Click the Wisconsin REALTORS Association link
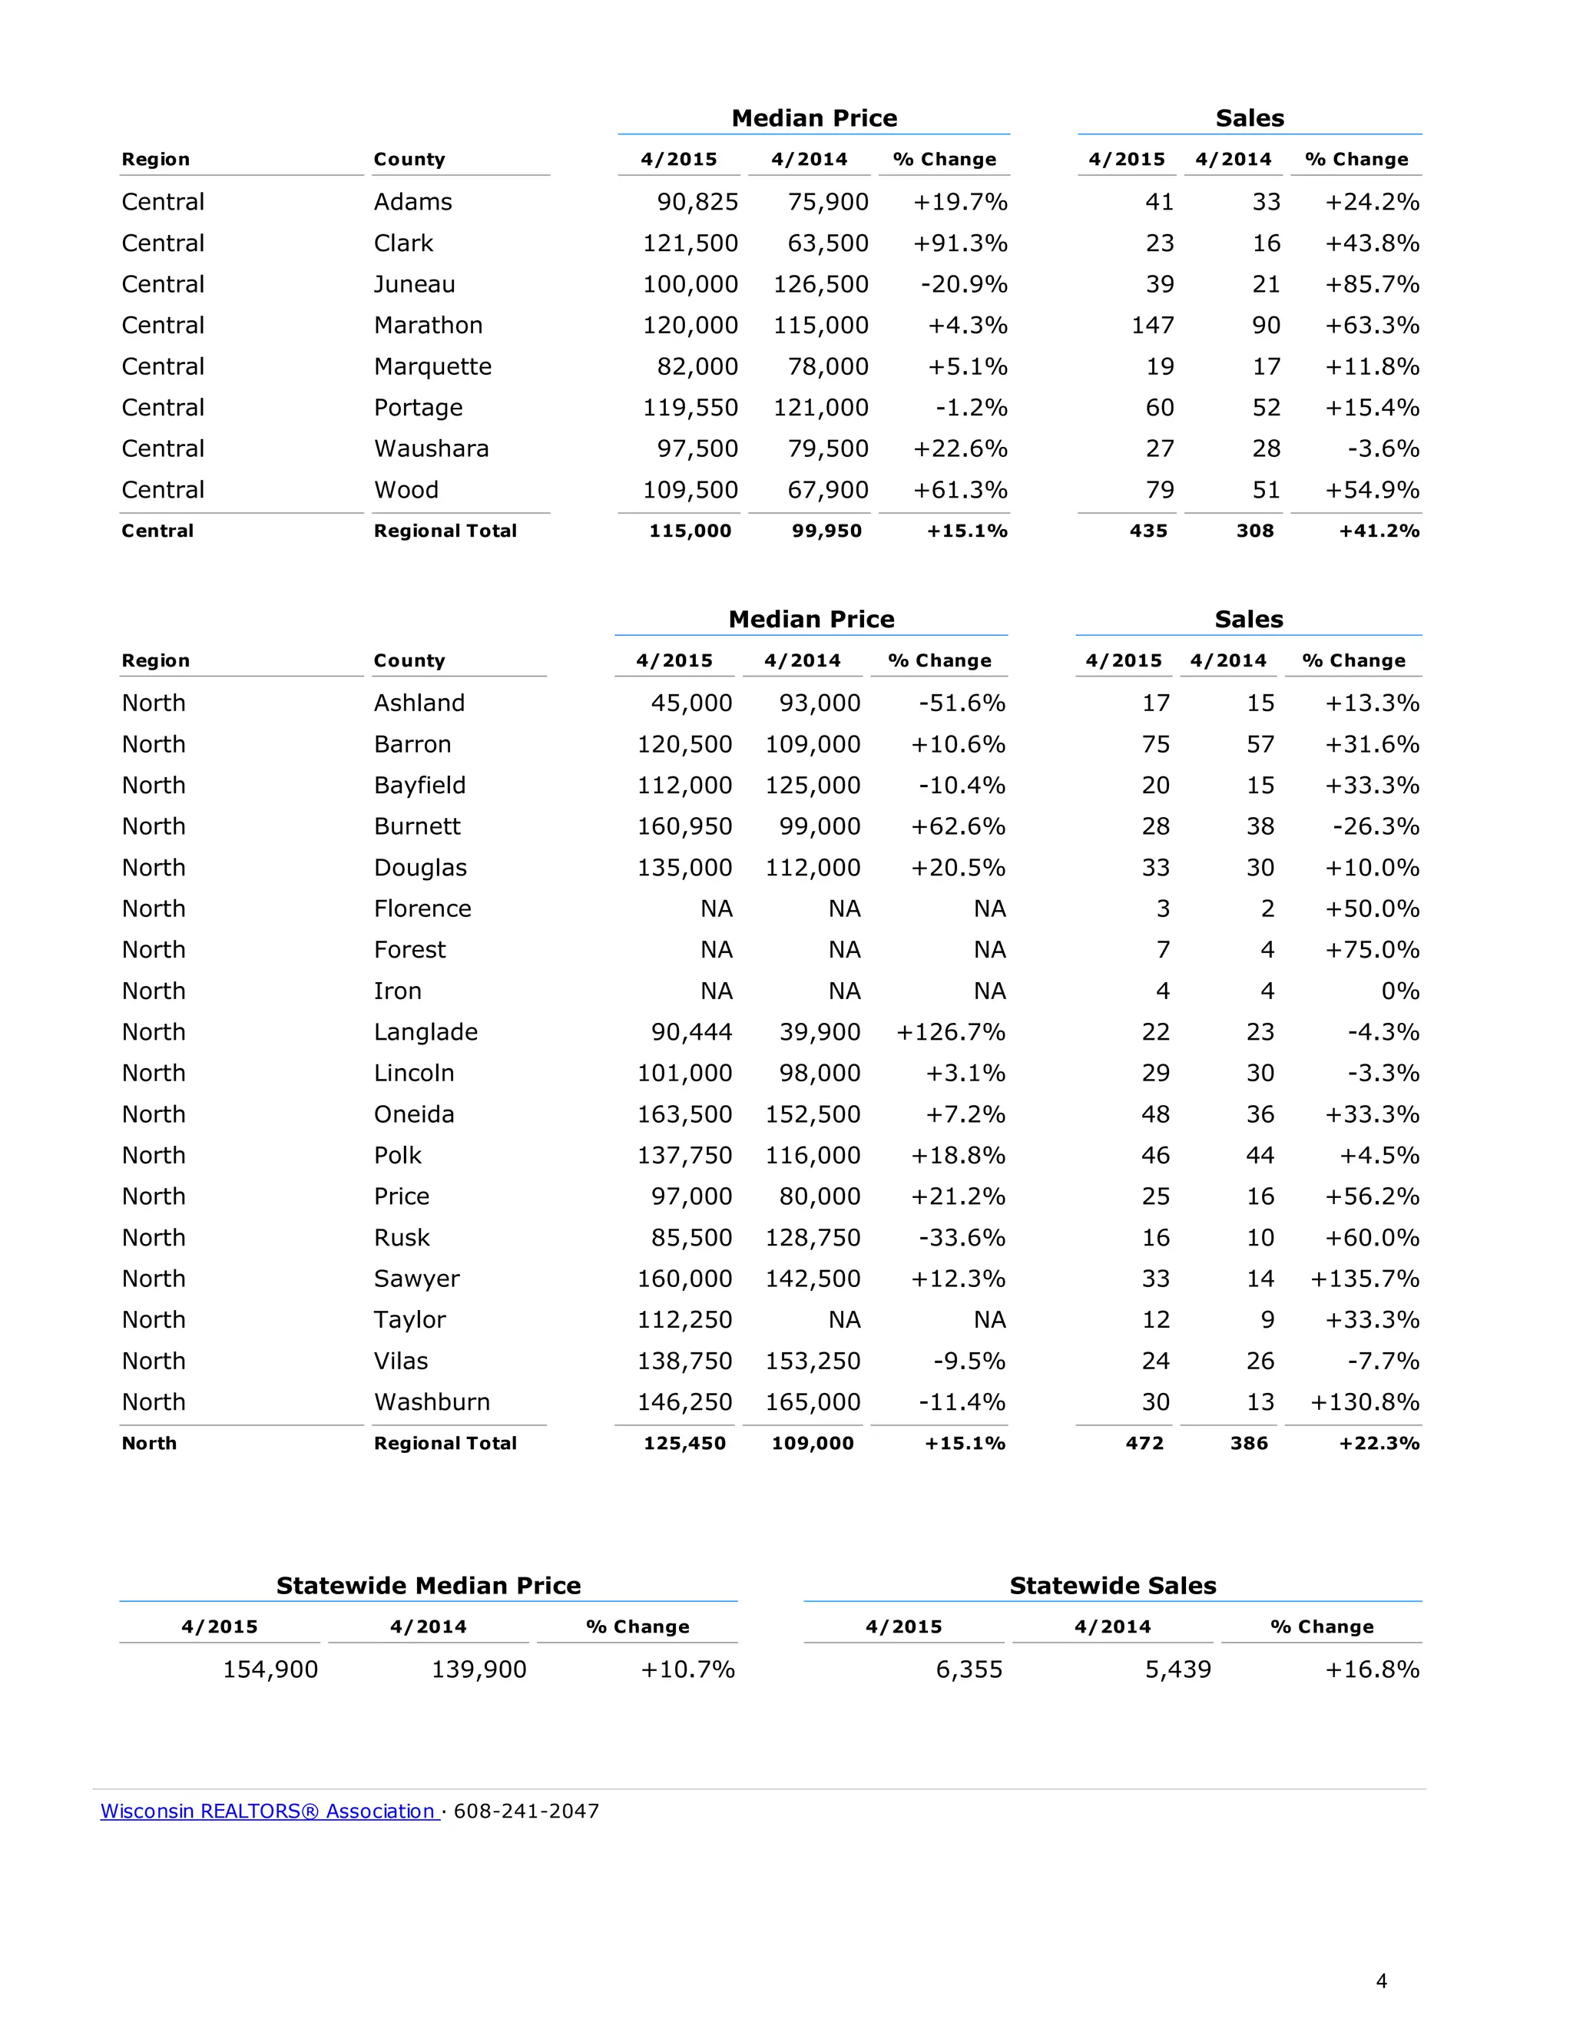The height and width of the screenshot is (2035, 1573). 268,1811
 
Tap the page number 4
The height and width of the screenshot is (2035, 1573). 1381,1981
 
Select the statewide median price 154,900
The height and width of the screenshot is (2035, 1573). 270,1669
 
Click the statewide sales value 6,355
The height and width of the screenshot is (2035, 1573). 969,1669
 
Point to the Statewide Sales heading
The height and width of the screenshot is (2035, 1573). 1113,1585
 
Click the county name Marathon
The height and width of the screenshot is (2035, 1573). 428,325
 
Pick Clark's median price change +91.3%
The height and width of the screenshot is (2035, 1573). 960,243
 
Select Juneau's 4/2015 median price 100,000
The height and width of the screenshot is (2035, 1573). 690,284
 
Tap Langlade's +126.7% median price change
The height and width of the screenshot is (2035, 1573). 951,1031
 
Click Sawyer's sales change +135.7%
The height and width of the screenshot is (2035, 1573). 1364,1279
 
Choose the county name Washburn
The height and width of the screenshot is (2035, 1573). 432,1401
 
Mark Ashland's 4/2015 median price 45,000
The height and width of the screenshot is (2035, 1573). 691,703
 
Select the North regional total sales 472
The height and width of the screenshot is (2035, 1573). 1144,1444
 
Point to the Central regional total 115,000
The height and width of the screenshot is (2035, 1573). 690,531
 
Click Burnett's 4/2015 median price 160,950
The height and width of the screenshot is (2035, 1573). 684,826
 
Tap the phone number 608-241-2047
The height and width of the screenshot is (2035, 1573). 526,1811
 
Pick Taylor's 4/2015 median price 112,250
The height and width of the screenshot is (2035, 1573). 684,1319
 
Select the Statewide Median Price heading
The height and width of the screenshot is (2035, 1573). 428,1585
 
